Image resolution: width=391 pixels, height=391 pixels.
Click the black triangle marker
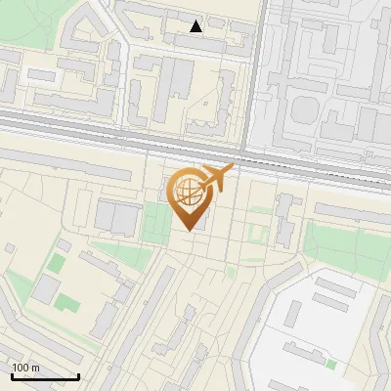(196, 26)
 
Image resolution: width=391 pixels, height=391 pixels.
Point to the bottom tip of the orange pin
(189, 230)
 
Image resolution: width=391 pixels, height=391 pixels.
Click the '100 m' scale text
(25, 367)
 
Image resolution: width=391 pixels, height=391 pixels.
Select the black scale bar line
(45, 376)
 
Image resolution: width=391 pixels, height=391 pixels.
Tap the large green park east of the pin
(342, 244)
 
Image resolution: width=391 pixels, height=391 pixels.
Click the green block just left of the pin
(154, 224)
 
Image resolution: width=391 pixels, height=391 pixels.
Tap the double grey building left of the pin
(116, 217)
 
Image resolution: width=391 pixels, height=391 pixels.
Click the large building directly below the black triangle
(177, 77)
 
